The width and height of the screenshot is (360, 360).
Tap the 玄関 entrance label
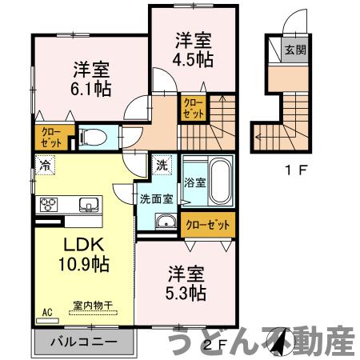coord(294,50)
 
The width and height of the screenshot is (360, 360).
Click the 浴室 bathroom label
coord(195,182)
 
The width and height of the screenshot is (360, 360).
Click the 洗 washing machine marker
coord(161,166)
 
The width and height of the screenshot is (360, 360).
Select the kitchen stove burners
coord(48,203)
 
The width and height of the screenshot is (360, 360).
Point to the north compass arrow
coord(279,343)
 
